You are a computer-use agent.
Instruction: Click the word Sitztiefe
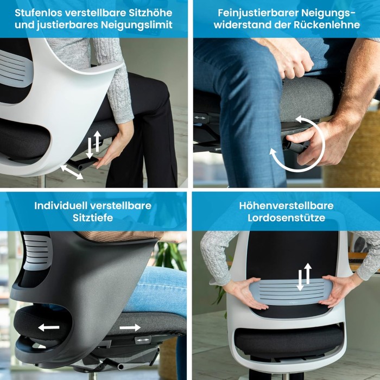pyautogui.click(x=93, y=218)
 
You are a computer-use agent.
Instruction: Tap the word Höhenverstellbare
pyautogui.click(x=286, y=206)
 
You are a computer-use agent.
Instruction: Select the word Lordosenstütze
pyautogui.click(x=286, y=218)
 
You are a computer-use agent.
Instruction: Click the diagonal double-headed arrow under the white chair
pyautogui.click(x=72, y=172)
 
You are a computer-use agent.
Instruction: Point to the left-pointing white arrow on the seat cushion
pyautogui.click(x=49, y=327)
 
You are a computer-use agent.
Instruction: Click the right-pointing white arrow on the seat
pyautogui.click(x=130, y=327)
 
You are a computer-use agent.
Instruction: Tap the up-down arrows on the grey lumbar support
pyautogui.click(x=304, y=277)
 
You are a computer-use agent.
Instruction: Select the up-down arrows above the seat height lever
pyautogui.click(x=93, y=145)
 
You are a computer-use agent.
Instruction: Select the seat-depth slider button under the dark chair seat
pyautogui.click(x=143, y=340)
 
